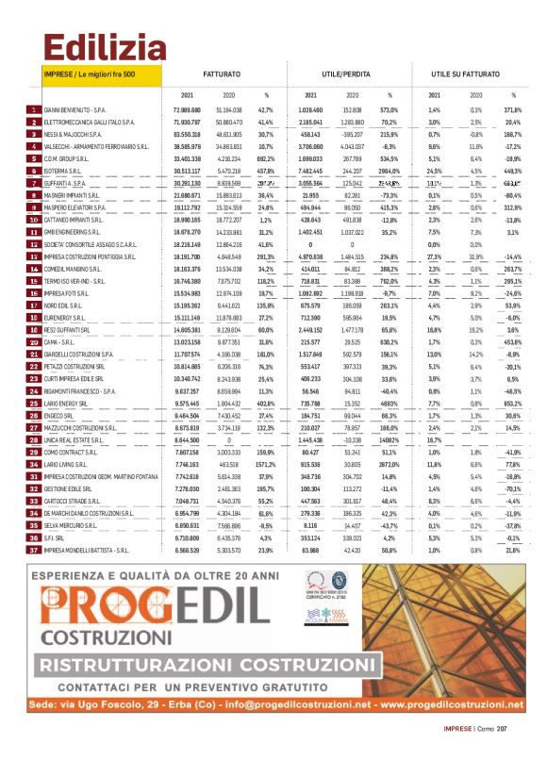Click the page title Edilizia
pyautogui.click(x=91, y=44)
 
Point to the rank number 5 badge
pyautogui.click(x=34, y=159)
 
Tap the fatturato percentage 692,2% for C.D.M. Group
pyautogui.click(x=265, y=159)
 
